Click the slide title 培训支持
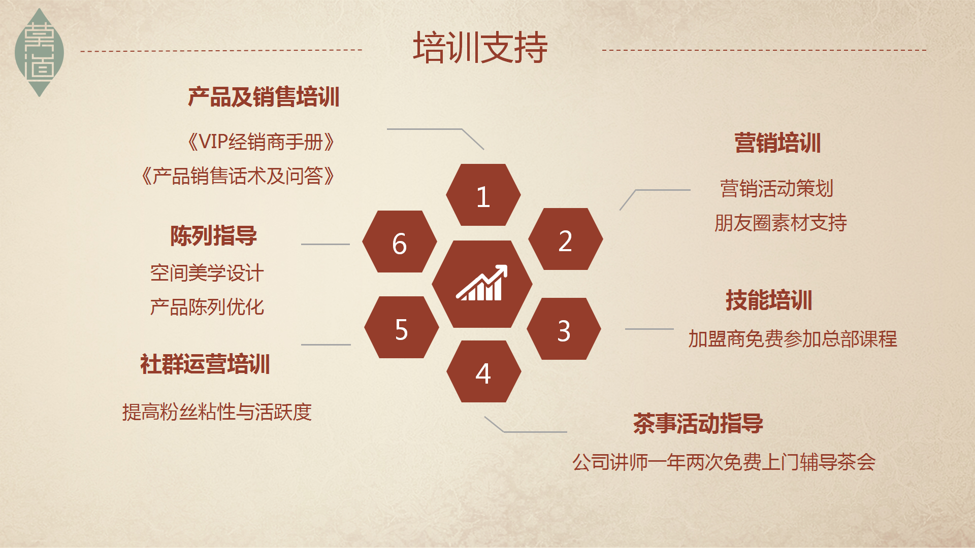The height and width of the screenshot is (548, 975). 480,48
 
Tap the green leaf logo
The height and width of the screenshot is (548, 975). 39,52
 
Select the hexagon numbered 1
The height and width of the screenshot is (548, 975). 483,195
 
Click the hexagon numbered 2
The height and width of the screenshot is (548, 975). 566,239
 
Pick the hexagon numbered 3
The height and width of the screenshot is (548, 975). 564,329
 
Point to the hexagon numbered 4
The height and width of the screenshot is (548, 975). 484,371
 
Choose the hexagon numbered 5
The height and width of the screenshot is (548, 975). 402,327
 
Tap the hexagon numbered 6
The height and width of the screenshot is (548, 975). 400,242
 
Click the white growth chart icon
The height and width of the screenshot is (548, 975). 482,283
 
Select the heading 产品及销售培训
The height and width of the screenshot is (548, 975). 264,97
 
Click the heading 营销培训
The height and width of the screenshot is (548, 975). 777,143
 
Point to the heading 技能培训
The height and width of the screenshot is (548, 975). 769,300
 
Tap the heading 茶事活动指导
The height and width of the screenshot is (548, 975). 698,423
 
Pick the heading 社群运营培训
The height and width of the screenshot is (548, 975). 205,364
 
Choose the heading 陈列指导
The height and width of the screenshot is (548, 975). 214,235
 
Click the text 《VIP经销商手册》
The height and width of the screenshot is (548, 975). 261,142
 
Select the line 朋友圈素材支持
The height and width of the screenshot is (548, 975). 781,223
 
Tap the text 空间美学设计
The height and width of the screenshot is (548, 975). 207,273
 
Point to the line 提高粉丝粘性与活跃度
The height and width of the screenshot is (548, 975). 217,412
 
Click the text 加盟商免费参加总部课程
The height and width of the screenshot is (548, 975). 793,339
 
